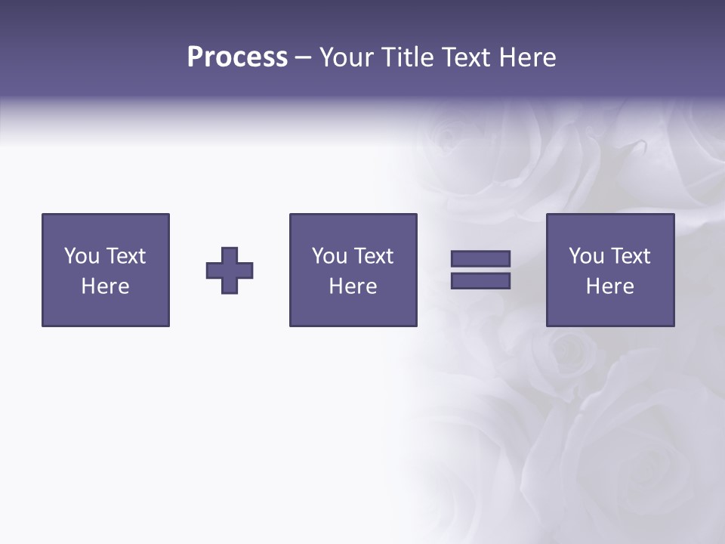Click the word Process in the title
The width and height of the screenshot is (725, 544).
237,57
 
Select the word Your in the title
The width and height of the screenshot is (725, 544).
347,57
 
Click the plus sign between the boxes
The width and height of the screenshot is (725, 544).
230,270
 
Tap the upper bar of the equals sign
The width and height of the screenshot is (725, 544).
480,258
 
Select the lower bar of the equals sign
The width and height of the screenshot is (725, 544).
480,280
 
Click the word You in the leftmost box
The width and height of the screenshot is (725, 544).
82,256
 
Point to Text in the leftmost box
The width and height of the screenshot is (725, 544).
125,256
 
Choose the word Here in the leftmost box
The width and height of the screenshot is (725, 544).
105,286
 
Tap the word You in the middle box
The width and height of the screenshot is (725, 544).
329,256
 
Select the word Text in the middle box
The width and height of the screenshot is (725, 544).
373,256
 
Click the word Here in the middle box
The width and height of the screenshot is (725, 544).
353,286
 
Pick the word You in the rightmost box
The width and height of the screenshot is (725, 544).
586,256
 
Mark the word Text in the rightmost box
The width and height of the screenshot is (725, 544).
630,256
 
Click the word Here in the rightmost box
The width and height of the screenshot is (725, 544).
609,286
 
